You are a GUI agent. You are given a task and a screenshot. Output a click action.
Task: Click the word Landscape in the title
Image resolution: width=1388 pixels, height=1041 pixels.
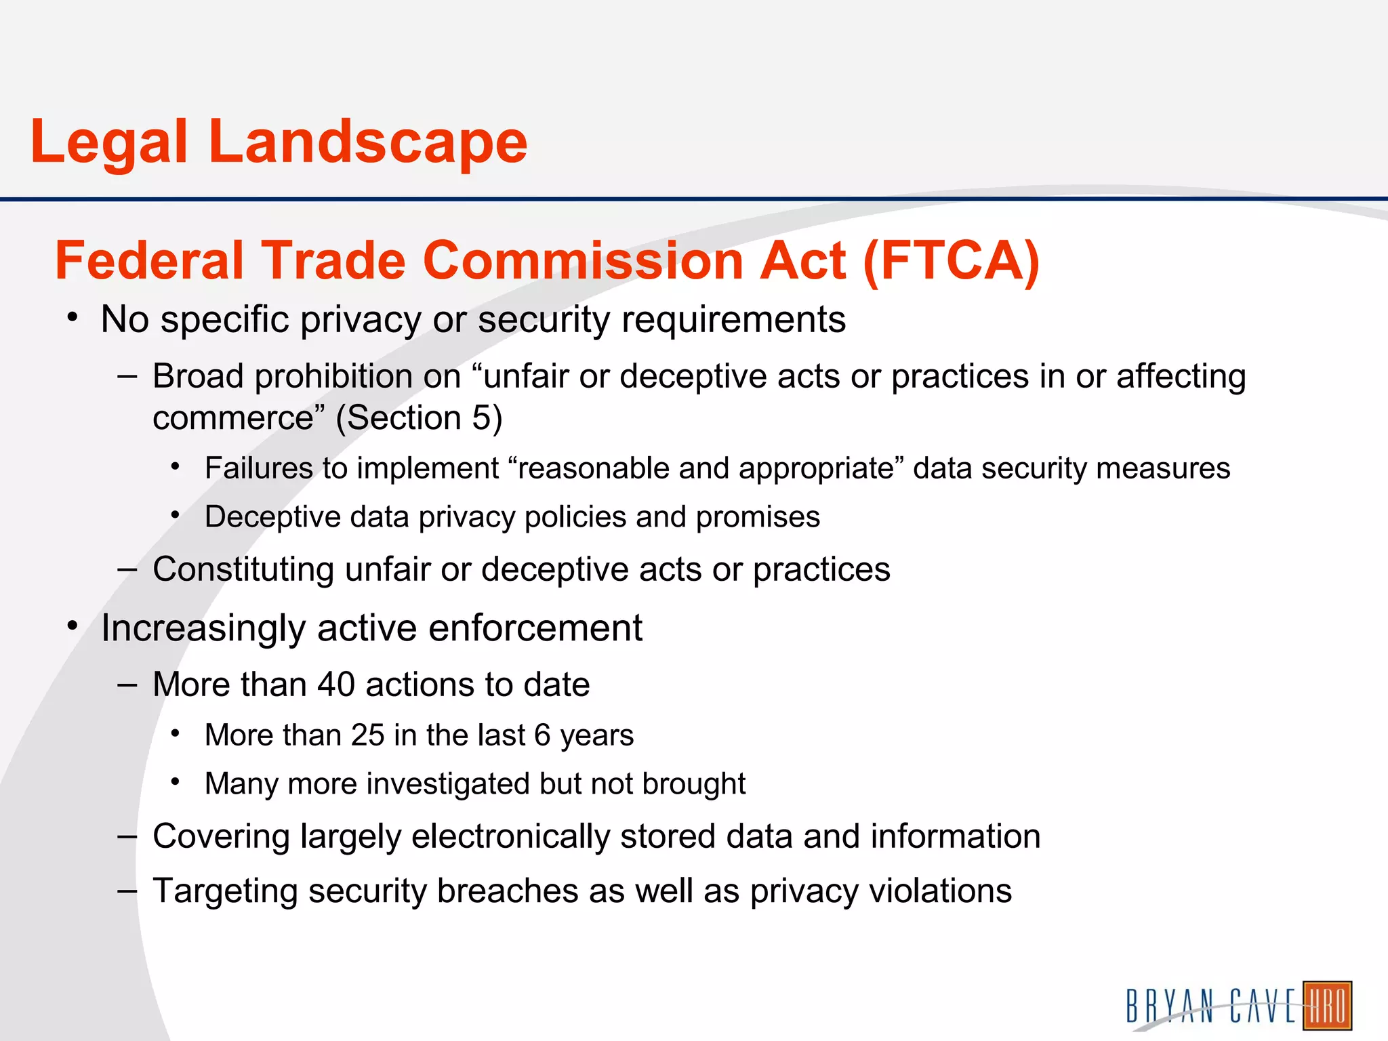click(x=367, y=142)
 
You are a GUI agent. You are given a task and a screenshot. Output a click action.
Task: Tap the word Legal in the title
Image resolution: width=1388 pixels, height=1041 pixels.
click(x=108, y=142)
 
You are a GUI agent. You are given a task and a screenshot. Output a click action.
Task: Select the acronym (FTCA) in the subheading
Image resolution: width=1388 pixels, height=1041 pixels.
click(x=952, y=261)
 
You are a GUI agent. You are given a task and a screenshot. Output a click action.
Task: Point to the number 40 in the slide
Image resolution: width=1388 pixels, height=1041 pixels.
click(x=336, y=685)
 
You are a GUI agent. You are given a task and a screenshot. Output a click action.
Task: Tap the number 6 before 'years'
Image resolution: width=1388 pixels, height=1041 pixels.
click(x=542, y=735)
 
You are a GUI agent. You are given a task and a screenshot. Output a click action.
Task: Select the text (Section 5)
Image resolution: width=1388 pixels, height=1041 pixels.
click(x=419, y=417)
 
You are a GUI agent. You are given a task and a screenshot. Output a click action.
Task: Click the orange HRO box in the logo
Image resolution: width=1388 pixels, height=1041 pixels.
click(x=1327, y=1005)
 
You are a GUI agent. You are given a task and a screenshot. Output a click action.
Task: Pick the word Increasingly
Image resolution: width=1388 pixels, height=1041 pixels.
click(x=203, y=628)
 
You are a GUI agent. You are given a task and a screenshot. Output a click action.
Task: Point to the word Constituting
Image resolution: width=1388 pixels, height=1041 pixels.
click(x=243, y=569)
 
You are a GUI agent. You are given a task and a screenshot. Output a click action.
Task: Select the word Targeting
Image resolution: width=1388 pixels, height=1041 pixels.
click(x=225, y=891)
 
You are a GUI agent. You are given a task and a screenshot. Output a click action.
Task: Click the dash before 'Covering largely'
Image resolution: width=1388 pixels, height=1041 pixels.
click(x=127, y=837)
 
